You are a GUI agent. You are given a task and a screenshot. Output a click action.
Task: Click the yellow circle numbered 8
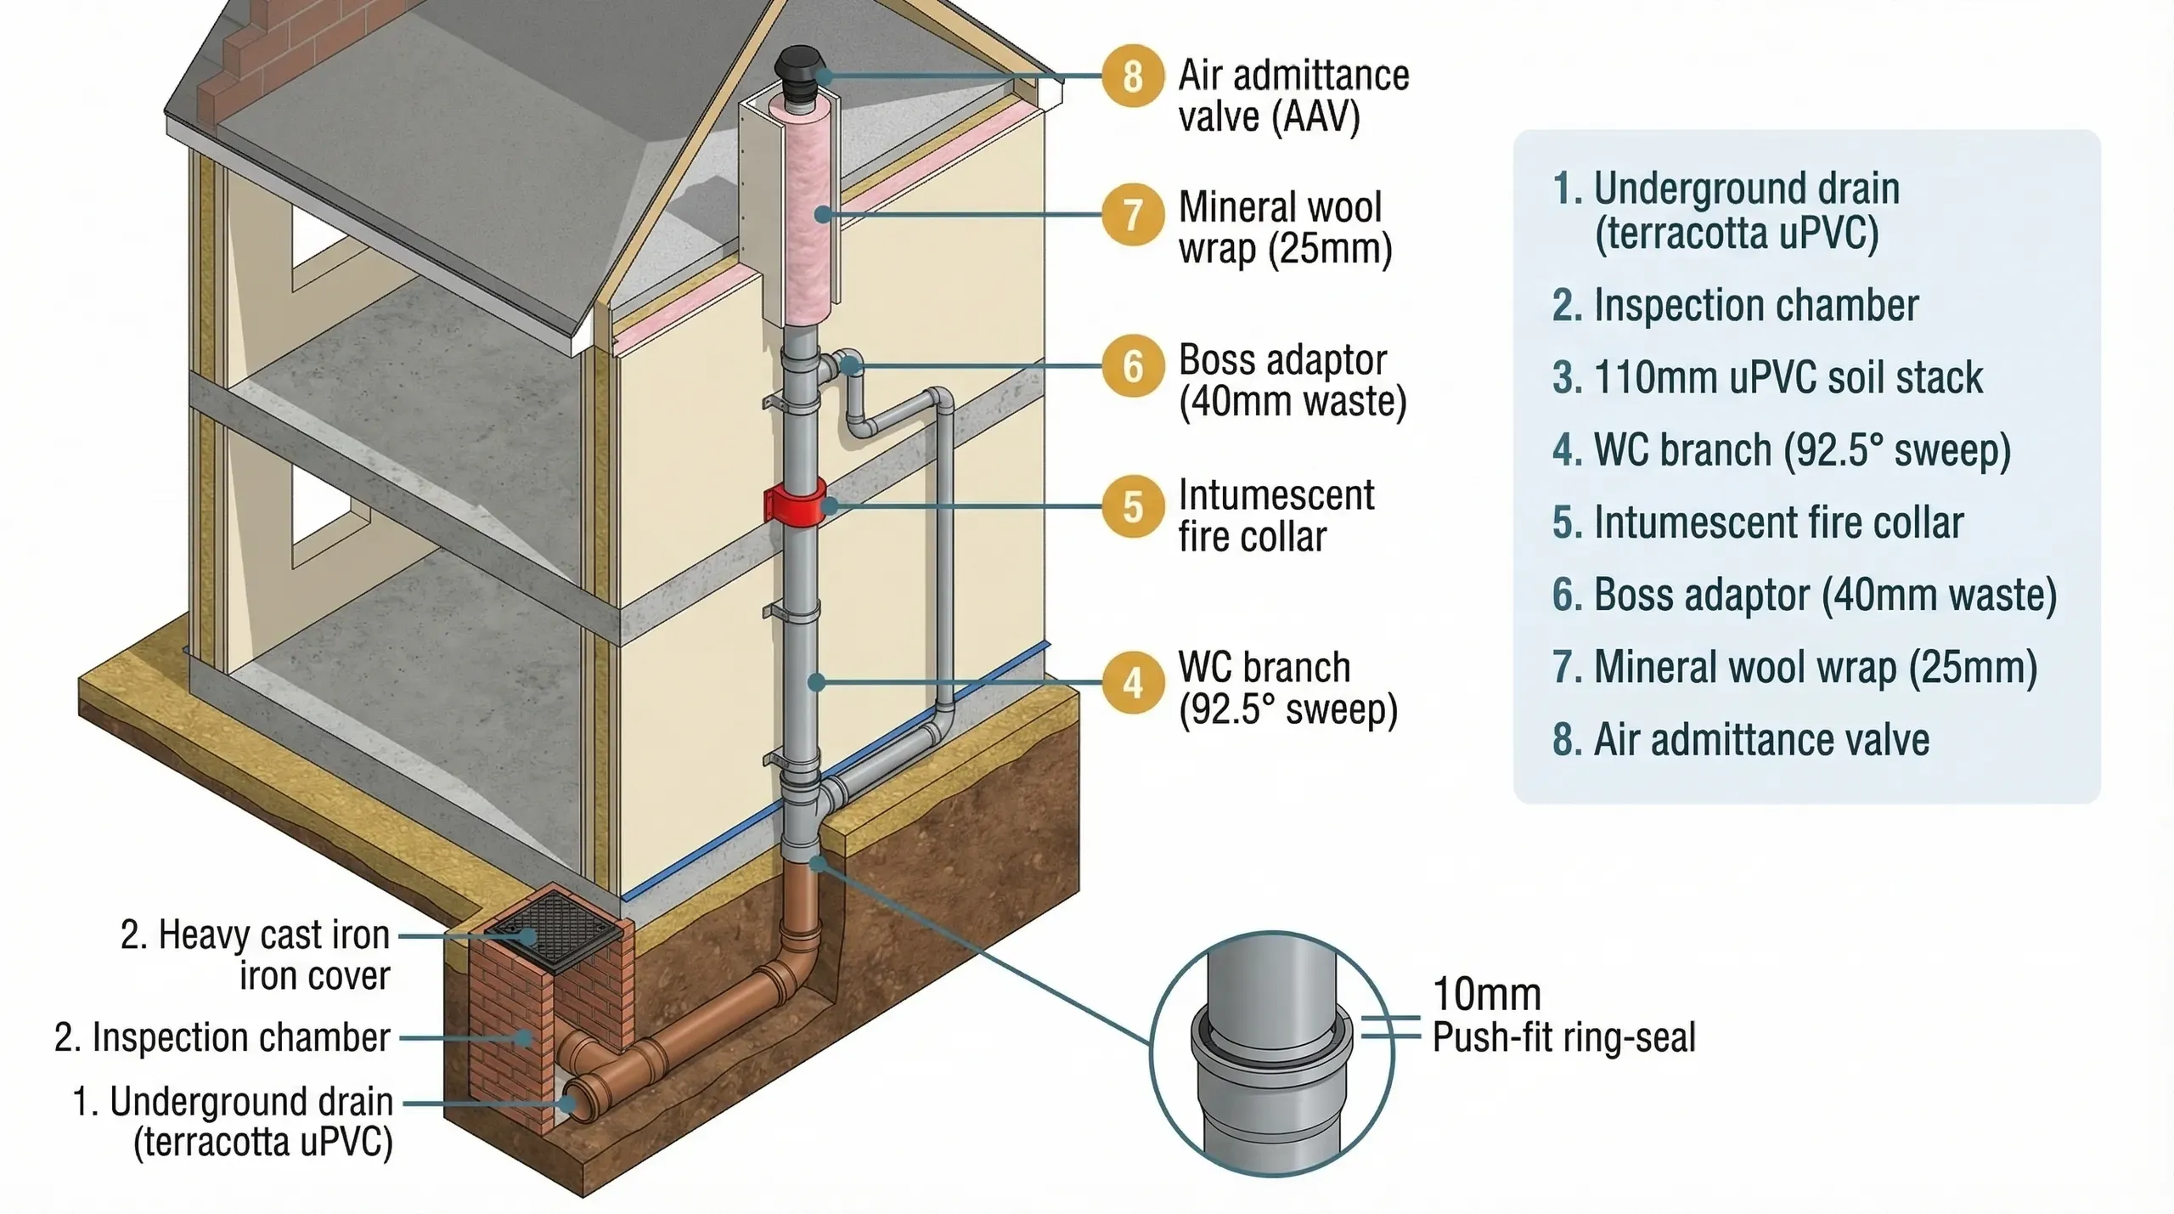[1132, 76]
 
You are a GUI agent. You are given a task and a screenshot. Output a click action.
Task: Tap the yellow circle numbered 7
[1132, 214]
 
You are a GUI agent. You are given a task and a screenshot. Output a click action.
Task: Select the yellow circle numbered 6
[1132, 366]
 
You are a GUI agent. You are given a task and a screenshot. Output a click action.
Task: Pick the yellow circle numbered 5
[1132, 506]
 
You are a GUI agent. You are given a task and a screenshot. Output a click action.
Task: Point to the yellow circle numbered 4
[1132, 682]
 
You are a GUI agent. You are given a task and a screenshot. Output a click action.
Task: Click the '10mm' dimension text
[1486, 994]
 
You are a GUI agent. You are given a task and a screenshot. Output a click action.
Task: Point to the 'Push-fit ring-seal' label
[1563, 1037]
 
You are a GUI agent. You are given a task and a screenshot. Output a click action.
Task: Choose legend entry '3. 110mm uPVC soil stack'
[1766, 378]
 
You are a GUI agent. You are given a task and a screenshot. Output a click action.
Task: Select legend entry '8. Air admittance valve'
[1740, 740]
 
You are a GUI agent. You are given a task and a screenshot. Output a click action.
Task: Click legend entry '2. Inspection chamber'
[1735, 306]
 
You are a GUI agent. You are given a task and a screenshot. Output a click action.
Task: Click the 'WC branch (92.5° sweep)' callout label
[1287, 689]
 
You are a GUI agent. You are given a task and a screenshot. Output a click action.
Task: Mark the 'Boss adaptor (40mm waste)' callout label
[1292, 381]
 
